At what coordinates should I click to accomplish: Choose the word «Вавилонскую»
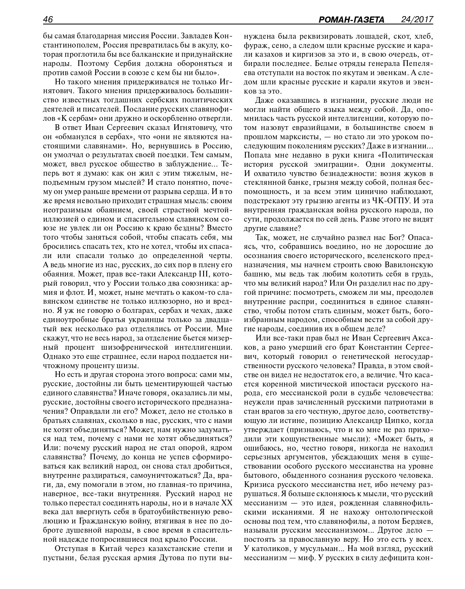pyautogui.click(x=409, y=265)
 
